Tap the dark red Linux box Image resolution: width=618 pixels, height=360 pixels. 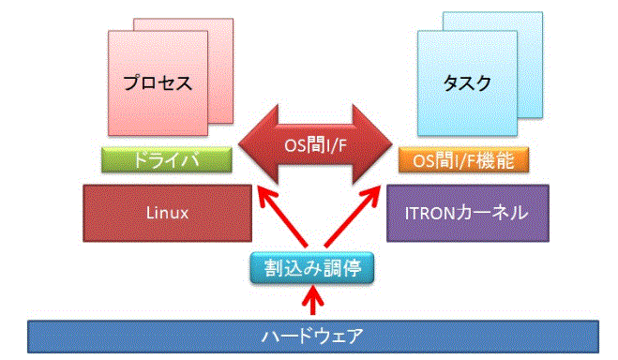tap(168, 213)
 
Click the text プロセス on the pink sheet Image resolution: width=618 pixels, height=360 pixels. tap(159, 82)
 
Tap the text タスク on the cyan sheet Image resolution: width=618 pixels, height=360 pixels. tap(466, 82)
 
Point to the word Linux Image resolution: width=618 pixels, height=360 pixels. tap(168, 213)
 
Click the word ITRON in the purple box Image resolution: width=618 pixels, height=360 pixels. tap(427, 213)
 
